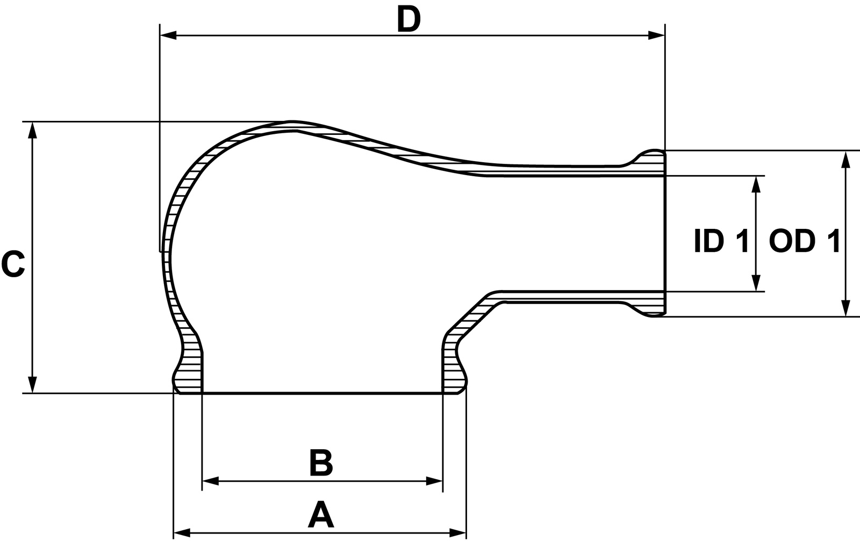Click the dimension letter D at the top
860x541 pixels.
tap(408, 20)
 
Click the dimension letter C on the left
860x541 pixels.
tap(13, 264)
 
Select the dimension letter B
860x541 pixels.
tap(321, 463)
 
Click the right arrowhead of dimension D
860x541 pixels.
tap(657, 35)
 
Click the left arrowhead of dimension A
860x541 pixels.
tap(182, 533)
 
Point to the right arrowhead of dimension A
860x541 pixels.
tap(458, 533)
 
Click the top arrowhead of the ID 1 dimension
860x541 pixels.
tap(756, 184)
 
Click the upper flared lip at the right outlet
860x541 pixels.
tap(650, 157)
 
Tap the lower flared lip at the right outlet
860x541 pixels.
tap(650, 309)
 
